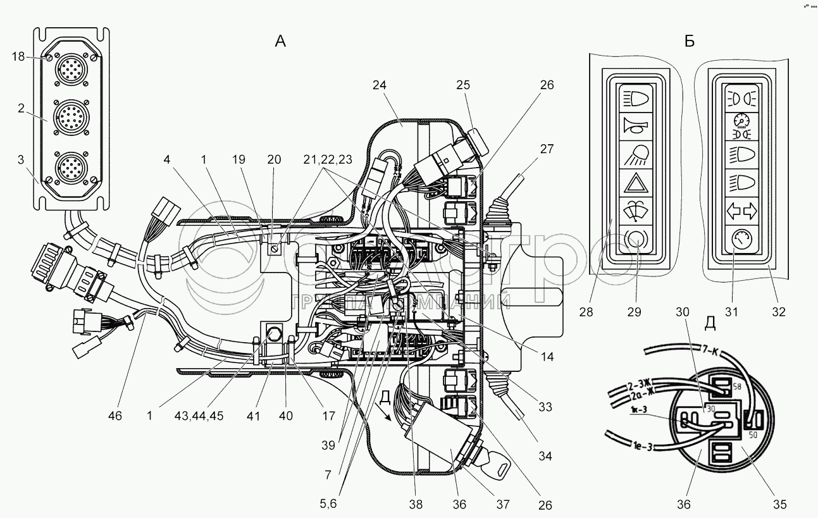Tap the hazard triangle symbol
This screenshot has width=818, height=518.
coord(635,183)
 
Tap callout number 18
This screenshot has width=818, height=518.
coord(18,57)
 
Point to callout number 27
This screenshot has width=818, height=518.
coord(547,150)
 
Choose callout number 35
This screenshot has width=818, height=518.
coord(780,504)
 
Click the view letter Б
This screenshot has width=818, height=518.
coord(689,42)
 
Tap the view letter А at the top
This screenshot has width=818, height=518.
coord(280,42)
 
